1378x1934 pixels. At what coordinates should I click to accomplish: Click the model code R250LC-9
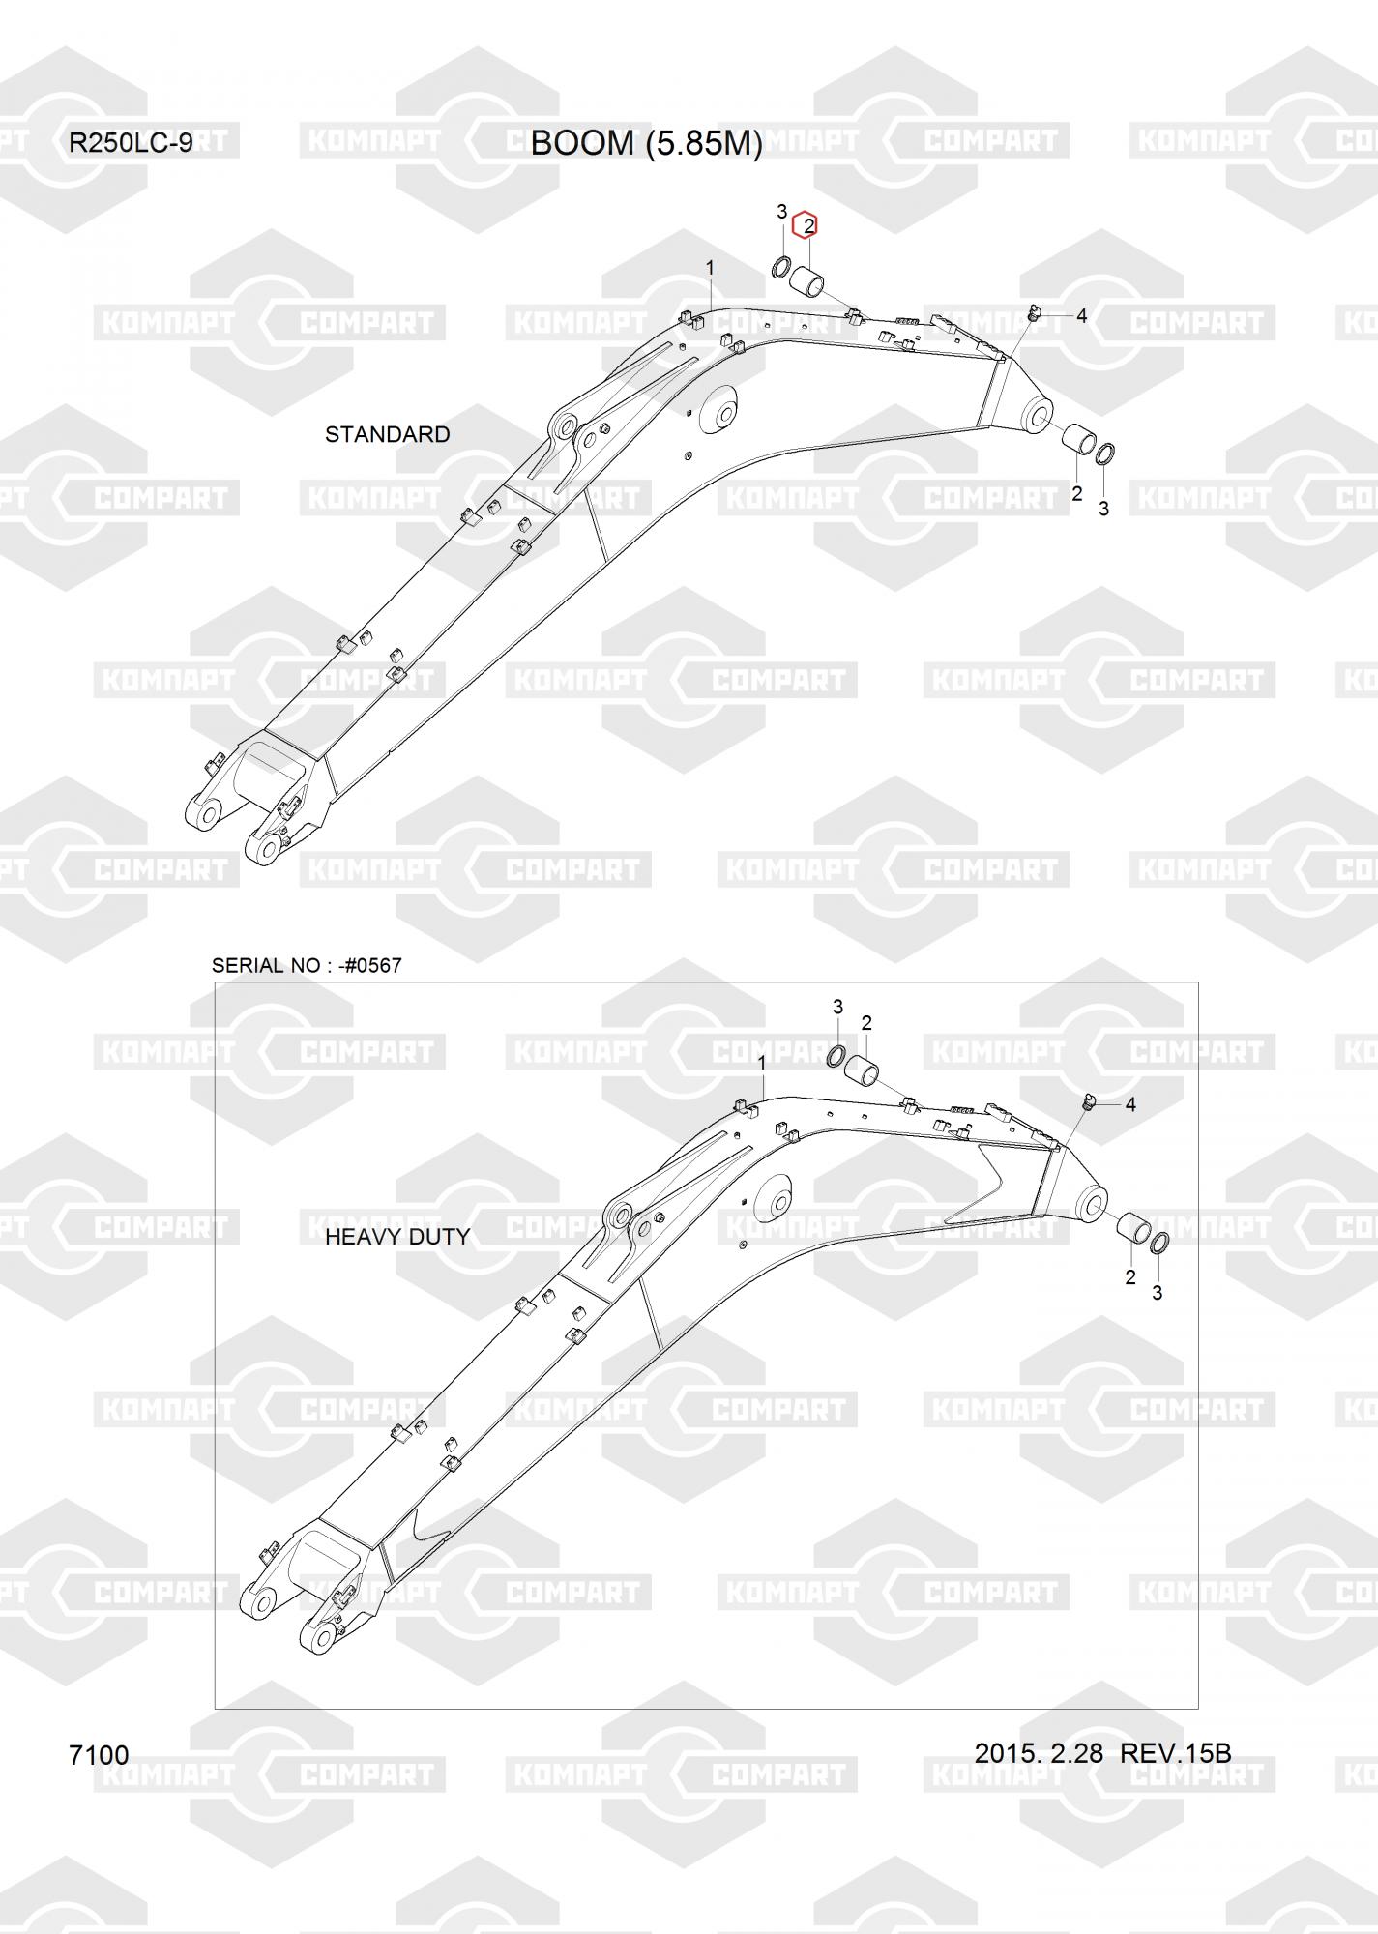pyautogui.click(x=131, y=143)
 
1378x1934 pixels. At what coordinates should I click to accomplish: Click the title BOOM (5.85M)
pyautogui.click(x=646, y=143)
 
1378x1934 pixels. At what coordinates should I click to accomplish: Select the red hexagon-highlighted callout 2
pyautogui.click(x=806, y=226)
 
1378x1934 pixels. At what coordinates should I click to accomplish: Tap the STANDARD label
pyautogui.click(x=387, y=434)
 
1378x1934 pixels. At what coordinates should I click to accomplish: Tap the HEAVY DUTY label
pyautogui.click(x=396, y=1237)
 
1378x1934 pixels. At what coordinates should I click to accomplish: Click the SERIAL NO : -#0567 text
pyautogui.click(x=307, y=965)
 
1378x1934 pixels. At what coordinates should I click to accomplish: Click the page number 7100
pyautogui.click(x=99, y=1755)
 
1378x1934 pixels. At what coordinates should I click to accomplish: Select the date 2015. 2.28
pyautogui.click(x=1039, y=1752)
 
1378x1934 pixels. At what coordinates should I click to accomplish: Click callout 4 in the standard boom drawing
pyautogui.click(x=1081, y=315)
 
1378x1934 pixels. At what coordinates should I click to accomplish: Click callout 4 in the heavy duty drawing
pyautogui.click(x=1130, y=1104)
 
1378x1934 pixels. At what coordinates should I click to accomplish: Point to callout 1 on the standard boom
pyautogui.click(x=710, y=267)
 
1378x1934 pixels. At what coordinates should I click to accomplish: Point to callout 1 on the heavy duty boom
pyautogui.click(x=762, y=1063)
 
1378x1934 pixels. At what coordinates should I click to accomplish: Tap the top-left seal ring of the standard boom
pyautogui.click(x=781, y=267)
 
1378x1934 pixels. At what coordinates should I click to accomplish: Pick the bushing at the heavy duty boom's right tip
pyautogui.click(x=1132, y=1230)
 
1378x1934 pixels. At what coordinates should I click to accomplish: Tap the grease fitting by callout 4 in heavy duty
pyautogui.click(x=1089, y=1100)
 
